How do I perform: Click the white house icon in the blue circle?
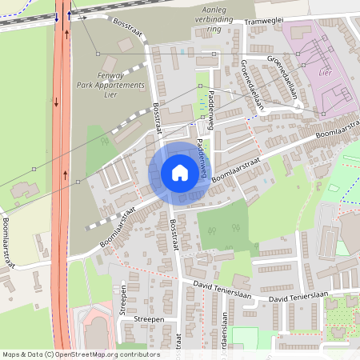[x=179, y=173]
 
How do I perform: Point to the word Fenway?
[x=111, y=74]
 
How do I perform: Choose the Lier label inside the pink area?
[x=324, y=72]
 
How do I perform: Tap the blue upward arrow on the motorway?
[x=69, y=15]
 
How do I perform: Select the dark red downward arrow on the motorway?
[x=56, y=102]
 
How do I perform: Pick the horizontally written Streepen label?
[x=149, y=318]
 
